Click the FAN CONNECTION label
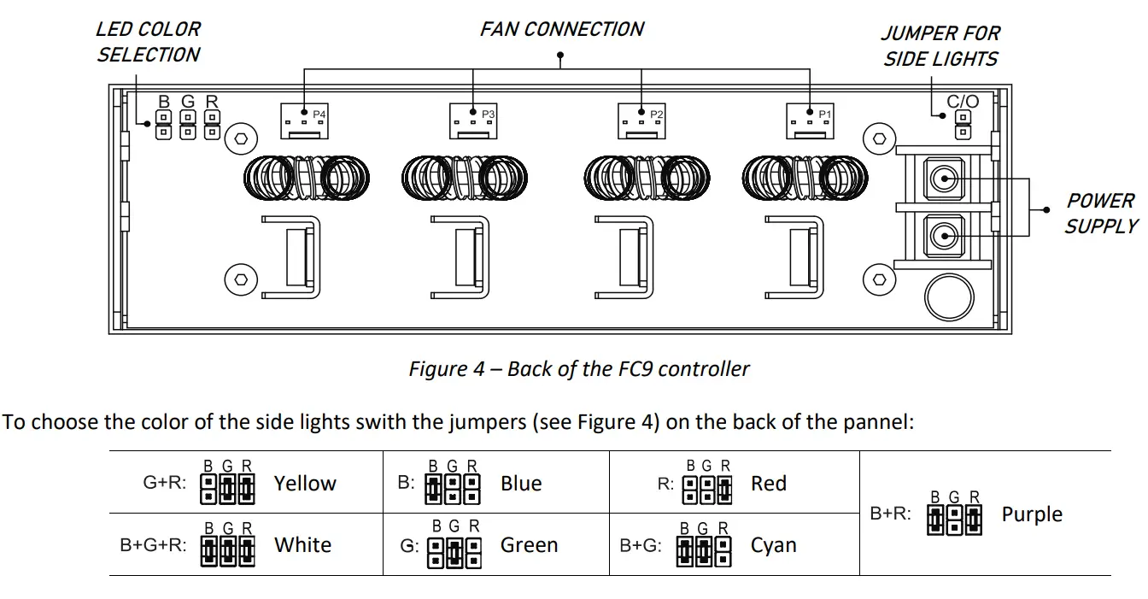[x=561, y=30]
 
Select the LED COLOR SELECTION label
[x=148, y=42]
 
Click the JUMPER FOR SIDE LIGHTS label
[x=940, y=46]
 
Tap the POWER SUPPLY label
[x=1101, y=214]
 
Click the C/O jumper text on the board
[x=963, y=102]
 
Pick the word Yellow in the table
[x=305, y=484]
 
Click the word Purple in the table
[x=1032, y=515]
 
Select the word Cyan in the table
[x=773, y=546]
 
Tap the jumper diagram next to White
[x=228, y=551]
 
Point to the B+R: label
[x=890, y=514]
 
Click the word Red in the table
[x=768, y=484]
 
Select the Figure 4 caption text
[x=578, y=369]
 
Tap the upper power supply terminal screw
[x=942, y=179]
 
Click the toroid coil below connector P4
[x=307, y=178]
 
